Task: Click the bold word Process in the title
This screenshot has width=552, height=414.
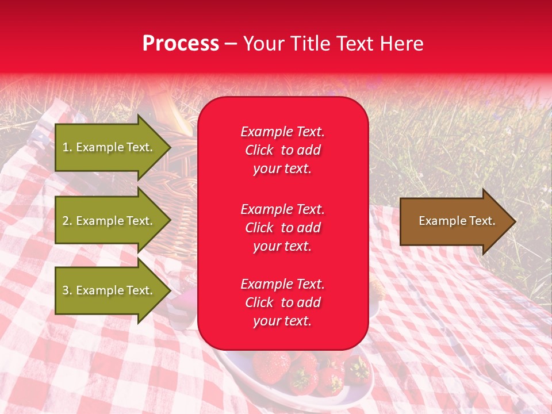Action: [181, 44]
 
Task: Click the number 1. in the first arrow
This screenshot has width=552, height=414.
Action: [67, 147]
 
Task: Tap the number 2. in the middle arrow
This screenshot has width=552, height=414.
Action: [67, 221]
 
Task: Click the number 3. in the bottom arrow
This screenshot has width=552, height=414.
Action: [67, 290]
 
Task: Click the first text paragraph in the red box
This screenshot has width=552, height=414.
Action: [282, 150]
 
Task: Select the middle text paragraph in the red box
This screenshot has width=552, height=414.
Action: [282, 228]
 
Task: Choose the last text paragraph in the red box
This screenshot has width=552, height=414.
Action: [282, 302]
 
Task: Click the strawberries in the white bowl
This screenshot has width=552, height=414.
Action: [299, 371]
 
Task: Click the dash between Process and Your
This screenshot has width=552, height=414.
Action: [231, 44]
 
